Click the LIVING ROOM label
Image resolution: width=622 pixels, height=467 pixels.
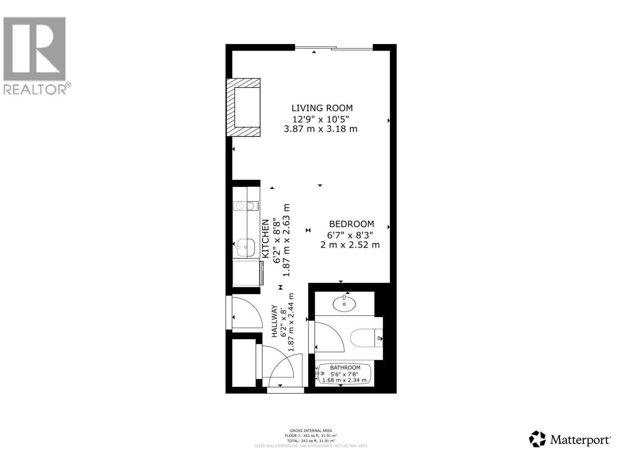(322, 108)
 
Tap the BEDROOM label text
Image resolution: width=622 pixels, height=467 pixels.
(351, 224)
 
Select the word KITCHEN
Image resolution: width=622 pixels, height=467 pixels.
(265, 239)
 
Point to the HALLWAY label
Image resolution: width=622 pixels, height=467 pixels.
(274, 321)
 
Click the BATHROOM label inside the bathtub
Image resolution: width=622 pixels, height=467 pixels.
(345, 367)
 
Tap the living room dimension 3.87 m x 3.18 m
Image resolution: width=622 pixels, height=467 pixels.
(320, 129)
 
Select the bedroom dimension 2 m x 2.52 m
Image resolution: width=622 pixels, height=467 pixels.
(350, 245)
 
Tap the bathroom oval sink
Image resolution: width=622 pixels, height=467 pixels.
(344, 304)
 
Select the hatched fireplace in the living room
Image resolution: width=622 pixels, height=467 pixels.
(244, 107)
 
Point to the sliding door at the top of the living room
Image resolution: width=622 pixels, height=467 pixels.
(334, 48)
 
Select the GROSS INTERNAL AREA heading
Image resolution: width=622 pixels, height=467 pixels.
(311, 430)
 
